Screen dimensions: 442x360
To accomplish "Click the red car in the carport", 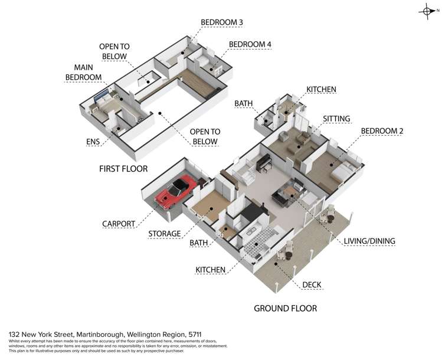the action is coord(176,191).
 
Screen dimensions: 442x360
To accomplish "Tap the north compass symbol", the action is coord(428,11).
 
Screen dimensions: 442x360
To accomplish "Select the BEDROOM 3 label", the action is coord(221,22).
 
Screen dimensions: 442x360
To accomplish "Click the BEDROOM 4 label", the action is coord(250,44).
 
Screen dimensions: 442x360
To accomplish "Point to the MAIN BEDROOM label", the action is coord(83,72).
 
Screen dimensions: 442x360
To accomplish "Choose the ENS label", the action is coord(93,142).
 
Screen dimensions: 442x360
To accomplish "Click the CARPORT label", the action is coord(119,224).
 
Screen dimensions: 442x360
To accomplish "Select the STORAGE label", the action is coord(165,234).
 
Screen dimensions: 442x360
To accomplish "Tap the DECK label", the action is coord(312,284).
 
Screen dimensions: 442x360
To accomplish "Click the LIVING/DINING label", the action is coord(369,241).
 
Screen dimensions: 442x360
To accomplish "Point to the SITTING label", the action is coord(336,119).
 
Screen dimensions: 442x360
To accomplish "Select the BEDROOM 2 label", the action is coord(382,131).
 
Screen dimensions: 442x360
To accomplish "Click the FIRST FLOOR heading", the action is coord(123,169).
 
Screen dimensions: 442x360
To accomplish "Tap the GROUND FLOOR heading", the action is coord(285,308).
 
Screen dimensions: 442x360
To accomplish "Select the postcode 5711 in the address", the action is coord(195,335).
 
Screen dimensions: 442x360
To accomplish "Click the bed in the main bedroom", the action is coord(104,103).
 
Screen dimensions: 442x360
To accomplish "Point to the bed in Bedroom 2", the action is coord(343,172).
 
